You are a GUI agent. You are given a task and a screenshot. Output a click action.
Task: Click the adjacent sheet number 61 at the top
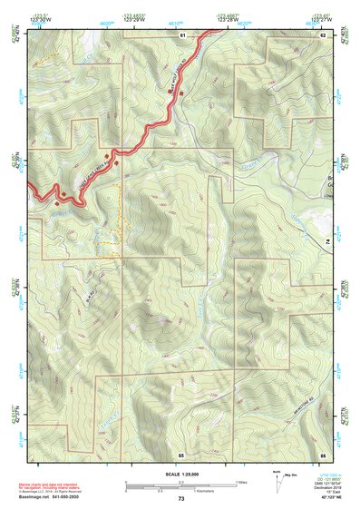pos(182,34)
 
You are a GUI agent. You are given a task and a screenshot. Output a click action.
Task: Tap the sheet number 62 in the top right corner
pos(323,34)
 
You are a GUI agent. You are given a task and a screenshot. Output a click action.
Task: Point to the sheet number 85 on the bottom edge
pos(181,453)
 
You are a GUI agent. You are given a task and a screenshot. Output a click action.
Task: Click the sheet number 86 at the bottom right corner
pos(323,453)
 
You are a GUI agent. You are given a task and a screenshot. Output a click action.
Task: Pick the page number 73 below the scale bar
pos(181,499)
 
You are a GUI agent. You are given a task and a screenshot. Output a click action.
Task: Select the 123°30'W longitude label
pos(37,19)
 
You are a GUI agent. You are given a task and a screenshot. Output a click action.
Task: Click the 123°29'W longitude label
pos(133,19)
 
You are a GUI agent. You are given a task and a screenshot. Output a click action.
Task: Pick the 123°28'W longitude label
pos(228,19)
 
